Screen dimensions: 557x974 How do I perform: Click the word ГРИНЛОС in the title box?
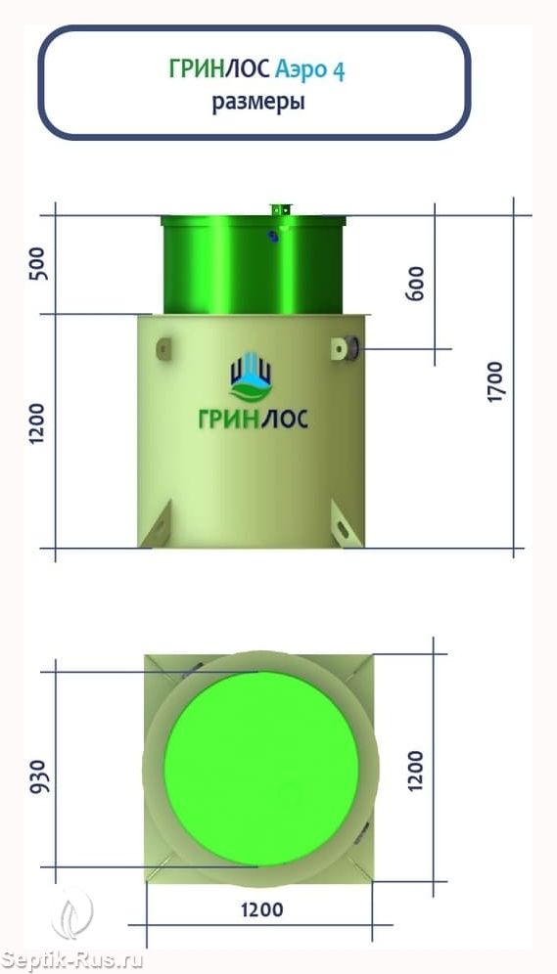click(219, 70)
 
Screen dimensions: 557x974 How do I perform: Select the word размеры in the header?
click(258, 102)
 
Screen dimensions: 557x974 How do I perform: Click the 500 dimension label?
click(38, 263)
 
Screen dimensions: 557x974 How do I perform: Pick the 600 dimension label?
click(415, 284)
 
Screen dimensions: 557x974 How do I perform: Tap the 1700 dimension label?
click(494, 380)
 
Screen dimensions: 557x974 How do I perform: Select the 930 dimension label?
click(37, 776)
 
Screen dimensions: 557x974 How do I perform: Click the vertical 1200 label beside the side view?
click(38, 422)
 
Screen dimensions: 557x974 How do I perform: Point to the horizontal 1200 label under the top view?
click(261, 910)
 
